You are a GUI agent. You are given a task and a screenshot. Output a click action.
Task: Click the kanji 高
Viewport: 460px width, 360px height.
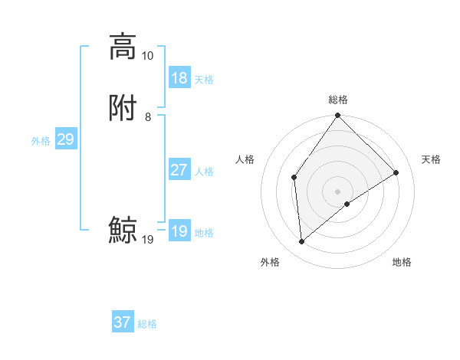click(x=123, y=47)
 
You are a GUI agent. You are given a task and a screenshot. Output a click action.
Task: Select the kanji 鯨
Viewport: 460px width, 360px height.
click(x=123, y=231)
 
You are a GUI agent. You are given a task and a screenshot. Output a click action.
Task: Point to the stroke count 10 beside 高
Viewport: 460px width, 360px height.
click(x=147, y=56)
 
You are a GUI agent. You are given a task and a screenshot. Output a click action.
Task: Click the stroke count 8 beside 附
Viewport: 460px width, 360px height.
click(x=147, y=117)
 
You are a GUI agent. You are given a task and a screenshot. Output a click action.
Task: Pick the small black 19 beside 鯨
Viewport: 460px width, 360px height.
click(x=147, y=240)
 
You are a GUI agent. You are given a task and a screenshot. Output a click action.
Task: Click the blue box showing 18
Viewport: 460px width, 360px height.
click(x=179, y=78)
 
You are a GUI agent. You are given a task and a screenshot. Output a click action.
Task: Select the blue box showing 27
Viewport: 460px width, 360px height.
click(x=179, y=170)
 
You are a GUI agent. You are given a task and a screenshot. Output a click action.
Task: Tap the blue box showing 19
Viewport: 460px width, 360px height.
click(x=179, y=231)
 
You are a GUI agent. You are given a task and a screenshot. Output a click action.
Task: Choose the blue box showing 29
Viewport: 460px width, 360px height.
click(x=65, y=139)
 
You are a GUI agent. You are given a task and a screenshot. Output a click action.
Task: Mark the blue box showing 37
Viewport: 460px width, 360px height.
click(x=123, y=322)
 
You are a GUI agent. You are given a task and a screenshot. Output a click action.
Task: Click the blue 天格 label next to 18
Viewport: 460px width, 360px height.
click(x=204, y=80)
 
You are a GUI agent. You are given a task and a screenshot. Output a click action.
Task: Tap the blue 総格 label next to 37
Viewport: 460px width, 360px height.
click(x=147, y=324)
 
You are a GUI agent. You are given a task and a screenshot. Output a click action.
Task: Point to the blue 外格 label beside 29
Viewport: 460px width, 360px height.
click(x=41, y=141)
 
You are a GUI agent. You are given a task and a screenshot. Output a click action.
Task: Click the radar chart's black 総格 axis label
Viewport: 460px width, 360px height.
click(x=338, y=100)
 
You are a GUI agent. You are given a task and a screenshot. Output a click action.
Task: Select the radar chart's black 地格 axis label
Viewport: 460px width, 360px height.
click(x=402, y=262)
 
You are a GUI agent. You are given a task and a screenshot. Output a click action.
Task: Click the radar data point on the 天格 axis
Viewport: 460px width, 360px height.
click(x=396, y=172)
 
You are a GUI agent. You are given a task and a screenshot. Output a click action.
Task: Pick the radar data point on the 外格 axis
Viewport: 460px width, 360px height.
click(x=302, y=242)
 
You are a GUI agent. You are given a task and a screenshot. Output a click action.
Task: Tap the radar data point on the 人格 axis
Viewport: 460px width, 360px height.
click(x=294, y=177)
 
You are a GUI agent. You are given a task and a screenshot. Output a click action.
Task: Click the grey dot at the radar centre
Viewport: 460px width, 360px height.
click(x=338, y=191)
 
